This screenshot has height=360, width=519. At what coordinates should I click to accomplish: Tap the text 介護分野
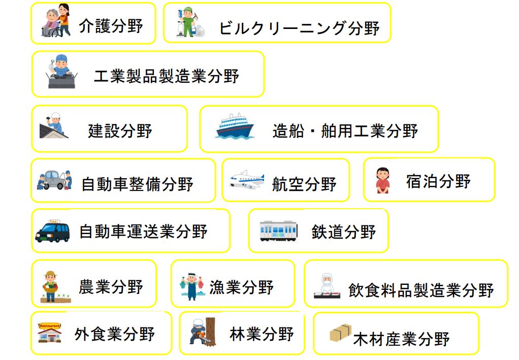pos(111,25)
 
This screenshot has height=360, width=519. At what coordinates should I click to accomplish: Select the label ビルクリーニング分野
pos(299,28)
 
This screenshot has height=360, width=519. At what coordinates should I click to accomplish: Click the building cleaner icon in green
pos(188,23)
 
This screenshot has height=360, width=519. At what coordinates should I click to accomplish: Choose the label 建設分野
pos(120,130)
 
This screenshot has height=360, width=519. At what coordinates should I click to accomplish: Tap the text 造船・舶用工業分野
pos(345,130)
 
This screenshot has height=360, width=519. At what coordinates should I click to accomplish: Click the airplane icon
pos(247,180)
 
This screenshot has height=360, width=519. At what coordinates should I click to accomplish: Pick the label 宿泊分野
pos(438,181)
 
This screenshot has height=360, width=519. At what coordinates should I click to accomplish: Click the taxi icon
pos(53,231)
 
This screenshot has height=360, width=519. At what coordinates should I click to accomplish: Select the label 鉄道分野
pos(344,232)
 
